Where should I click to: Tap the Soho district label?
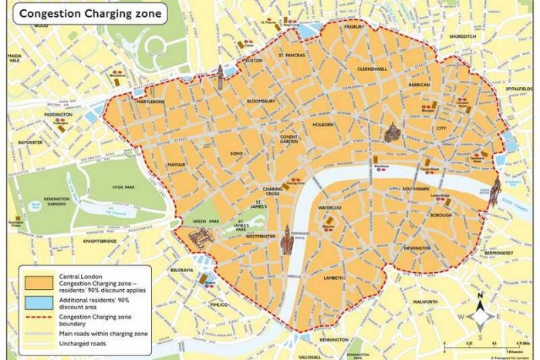click(237, 153)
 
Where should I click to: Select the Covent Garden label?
click(289, 140)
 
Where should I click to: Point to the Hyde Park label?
click(123, 187)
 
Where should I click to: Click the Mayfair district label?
click(176, 165)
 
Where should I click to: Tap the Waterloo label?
click(330, 208)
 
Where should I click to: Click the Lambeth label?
click(333, 278)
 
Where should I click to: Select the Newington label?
click(417, 248)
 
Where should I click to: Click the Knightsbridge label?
click(100, 241)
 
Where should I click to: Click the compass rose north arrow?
click(479, 299)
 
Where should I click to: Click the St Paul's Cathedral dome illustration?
click(392, 132)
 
